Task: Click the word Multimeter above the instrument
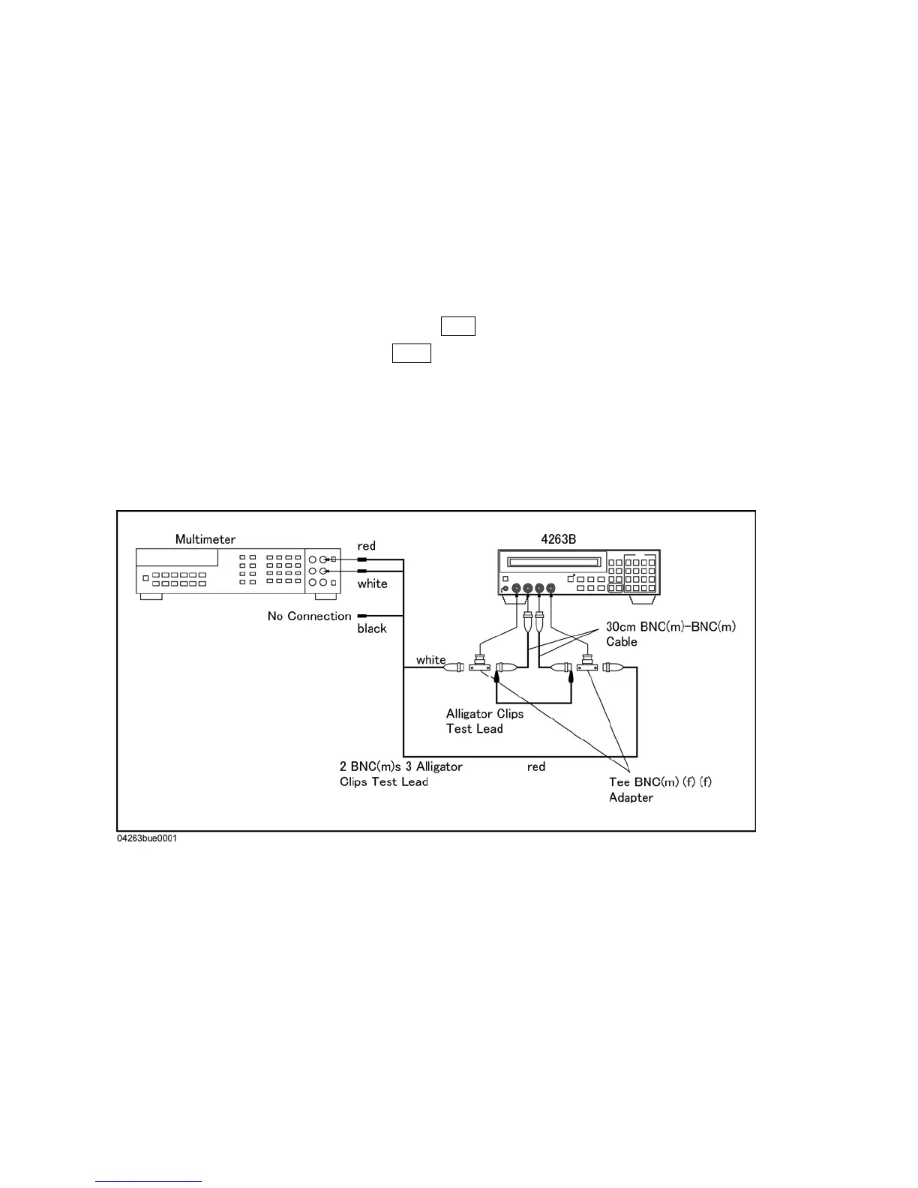205,539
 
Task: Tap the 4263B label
558,539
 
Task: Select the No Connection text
309,616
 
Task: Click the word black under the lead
372,628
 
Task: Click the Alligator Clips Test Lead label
484,721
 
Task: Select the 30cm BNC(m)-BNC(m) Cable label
670,634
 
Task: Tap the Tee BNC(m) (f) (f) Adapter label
660,789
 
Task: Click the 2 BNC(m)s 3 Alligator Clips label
400,774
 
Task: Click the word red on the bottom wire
535,766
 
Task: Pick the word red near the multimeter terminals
366,546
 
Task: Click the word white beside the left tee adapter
430,660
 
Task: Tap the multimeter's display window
177,558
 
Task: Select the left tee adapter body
479,665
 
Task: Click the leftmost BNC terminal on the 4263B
516,589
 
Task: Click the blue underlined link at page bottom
149,1182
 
